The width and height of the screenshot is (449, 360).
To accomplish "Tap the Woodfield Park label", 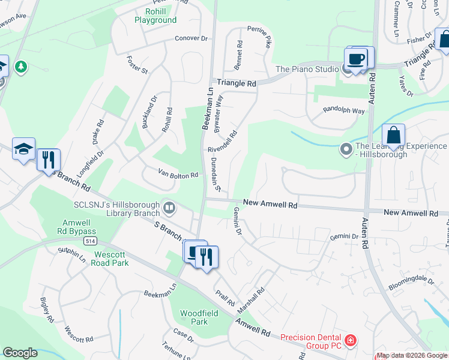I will click(194, 317).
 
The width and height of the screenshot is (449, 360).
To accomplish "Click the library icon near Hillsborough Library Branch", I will click(169, 208).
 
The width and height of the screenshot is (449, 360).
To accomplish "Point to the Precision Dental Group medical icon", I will click(351, 341).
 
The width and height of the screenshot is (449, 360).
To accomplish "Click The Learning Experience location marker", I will click(346, 148).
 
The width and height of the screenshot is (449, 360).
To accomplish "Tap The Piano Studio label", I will click(307, 69).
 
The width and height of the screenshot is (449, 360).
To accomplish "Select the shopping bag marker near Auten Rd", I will click(393, 136).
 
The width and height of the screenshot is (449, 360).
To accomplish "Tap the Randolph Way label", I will click(344, 110).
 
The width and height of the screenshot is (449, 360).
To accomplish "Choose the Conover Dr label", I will click(191, 38).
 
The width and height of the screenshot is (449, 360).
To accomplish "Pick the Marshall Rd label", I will click(251, 300).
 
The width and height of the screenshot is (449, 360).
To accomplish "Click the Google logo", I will click(20, 353).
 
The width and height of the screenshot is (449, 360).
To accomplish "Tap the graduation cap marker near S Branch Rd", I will click(23, 149).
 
